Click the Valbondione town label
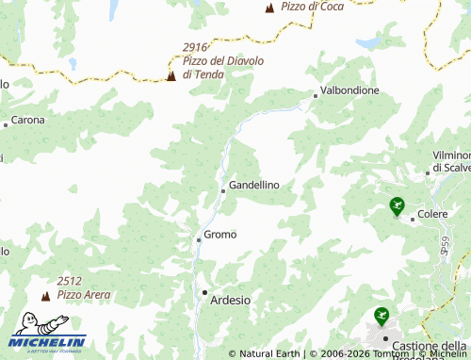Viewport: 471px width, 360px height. click(x=349, y=90)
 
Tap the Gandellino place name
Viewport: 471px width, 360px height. click(x=254, y=185)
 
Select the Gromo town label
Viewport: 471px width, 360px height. click(x=220, y=234)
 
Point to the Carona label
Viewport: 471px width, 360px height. click(x=28, y=121)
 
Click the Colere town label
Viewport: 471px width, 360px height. click(x=432, y=215)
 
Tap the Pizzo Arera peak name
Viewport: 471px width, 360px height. click(x=84, y=295)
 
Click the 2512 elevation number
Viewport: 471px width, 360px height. click(x=69, y=281)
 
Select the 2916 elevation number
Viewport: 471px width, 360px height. click(x=195, y=47)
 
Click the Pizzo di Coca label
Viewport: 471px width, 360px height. click(x=311, y=7)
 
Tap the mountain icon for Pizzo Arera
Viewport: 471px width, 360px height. click(x=42, y=295)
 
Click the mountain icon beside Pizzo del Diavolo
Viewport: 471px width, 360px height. click(x=171, y=75)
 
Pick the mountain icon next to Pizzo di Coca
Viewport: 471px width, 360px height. click(x=269, y=8)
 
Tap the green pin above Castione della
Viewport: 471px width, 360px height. click(x=382, y=316)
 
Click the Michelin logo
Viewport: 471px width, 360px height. click(x=48, y=342)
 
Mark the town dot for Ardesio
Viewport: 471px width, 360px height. click(x=204, y=292)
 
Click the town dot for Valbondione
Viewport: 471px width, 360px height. click(x=316, y=95)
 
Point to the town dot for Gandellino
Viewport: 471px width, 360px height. click(x=223, y=190)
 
